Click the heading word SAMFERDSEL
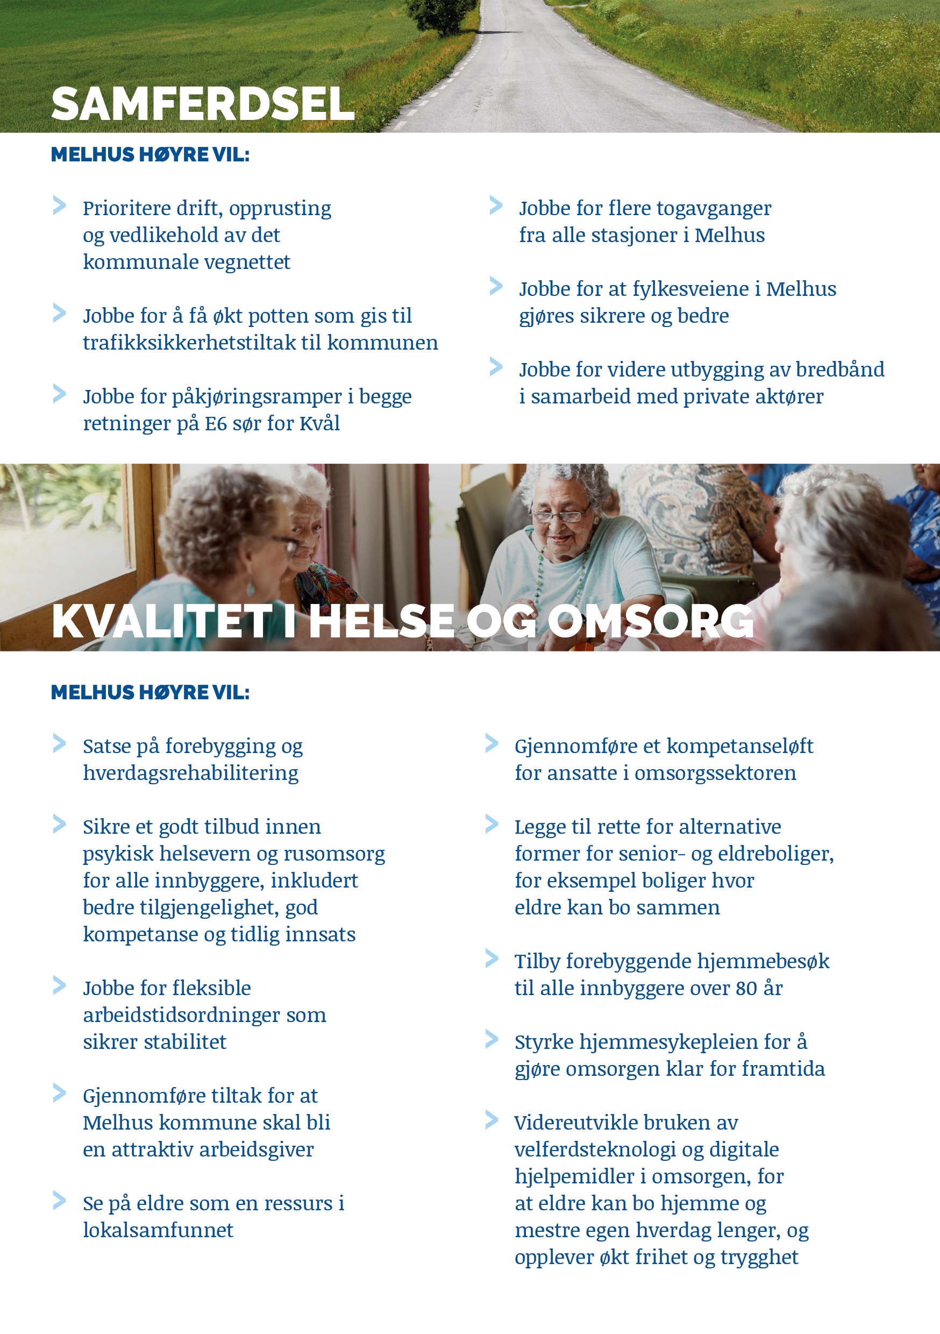(203, 104)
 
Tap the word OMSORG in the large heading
(650, 621)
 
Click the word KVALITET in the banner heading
(162, 621)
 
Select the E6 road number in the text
(216, 423)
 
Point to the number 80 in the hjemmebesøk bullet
(746, 988)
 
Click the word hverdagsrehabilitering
(190, 774)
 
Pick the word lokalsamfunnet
(158, 1230)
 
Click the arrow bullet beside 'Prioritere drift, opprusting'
(59, 205)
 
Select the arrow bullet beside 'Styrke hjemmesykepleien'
(492, 1039)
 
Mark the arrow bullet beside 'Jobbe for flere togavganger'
(496, 205)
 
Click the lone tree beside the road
(441, 15)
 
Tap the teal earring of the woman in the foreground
(251, 588)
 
